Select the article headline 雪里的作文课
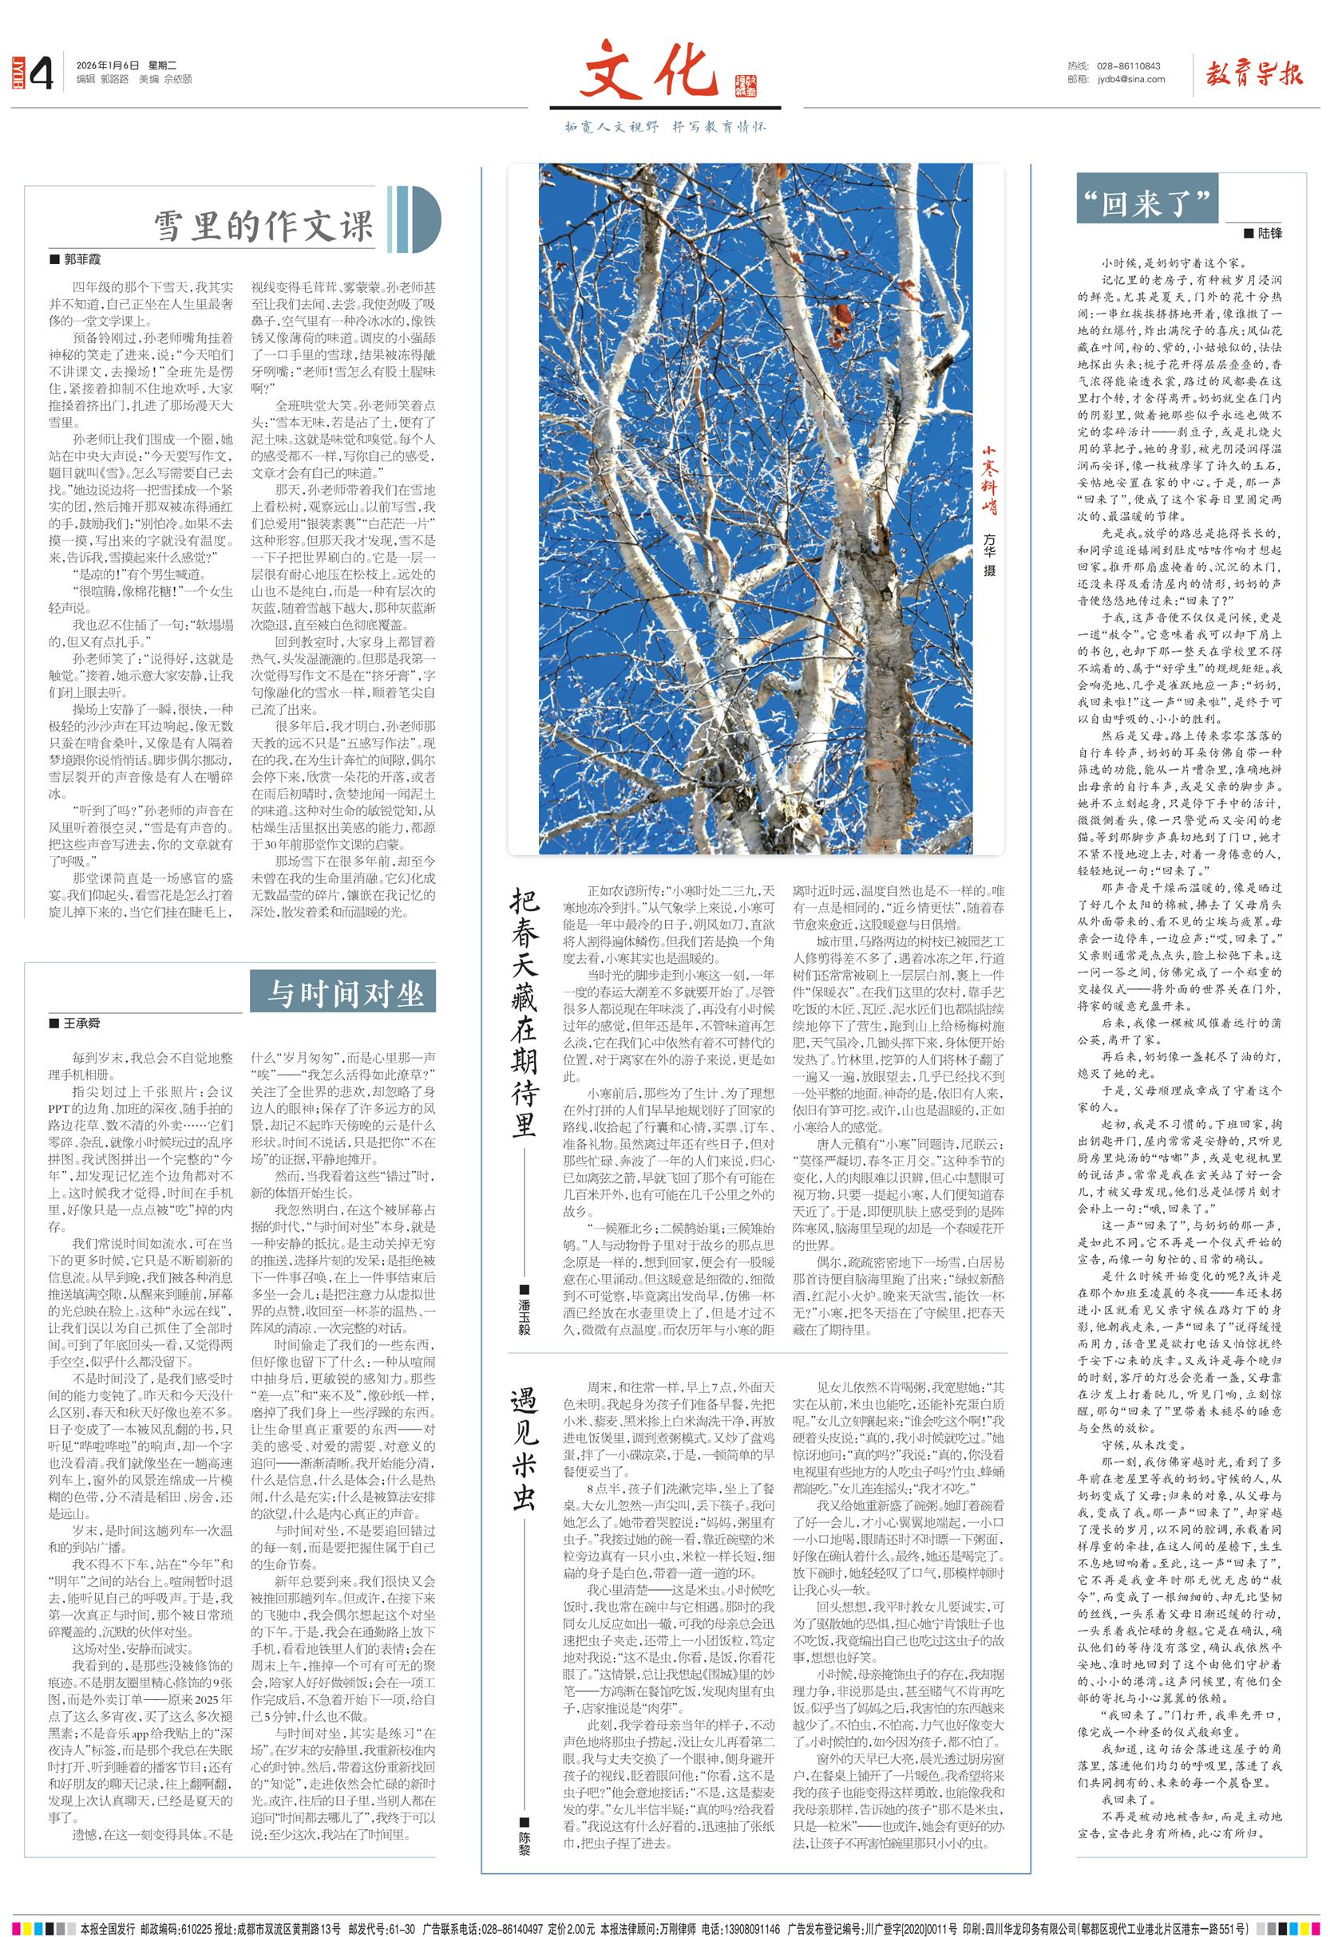[263, 227]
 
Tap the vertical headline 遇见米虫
[524, 1449]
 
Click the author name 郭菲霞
[87, 259]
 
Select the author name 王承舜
[81, 1023]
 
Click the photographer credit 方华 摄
[990, 570]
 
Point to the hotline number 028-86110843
[1130, 66]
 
